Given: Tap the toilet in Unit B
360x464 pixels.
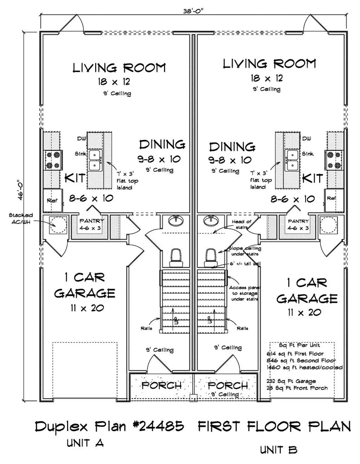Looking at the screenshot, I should tap(210, 256).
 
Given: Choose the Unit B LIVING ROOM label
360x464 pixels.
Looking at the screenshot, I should tap(269, 63).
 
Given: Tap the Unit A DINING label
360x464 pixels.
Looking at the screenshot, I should tap(162, 145).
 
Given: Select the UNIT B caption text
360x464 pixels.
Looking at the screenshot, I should tap(279, 450).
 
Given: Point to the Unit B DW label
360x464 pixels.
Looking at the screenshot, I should tap(307, 138).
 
